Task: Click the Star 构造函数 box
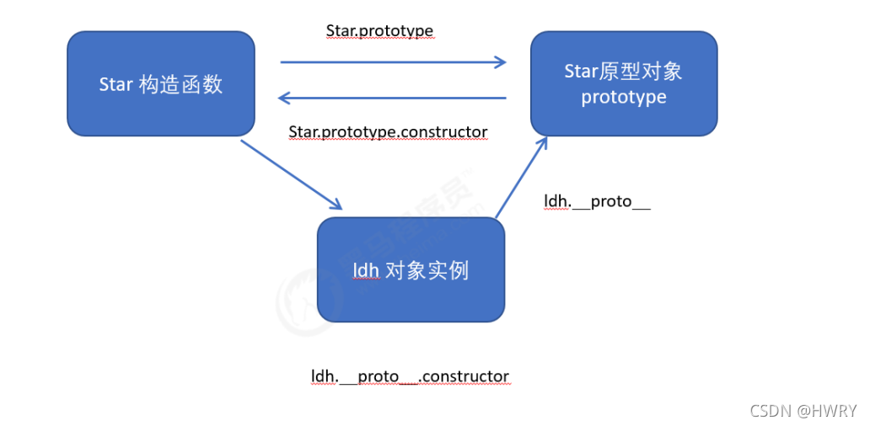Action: [x=160, y=83]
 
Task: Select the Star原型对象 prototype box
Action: [x=624, y=83]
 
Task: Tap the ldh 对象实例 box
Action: [x=411, y=269]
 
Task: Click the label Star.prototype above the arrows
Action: [x=379, y=31]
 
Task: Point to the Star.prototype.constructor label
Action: [x=388, y=132]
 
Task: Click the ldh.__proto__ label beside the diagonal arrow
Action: [x=598, y=201]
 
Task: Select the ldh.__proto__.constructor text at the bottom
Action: [x=410, y=375]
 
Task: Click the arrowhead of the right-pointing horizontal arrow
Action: [x=501, y=61]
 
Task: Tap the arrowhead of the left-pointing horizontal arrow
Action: [x=285, y=98]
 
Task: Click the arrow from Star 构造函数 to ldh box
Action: [x=291, y=174]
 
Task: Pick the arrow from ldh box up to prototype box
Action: [x=521, y=178]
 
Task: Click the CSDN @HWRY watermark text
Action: [x=803, y=410]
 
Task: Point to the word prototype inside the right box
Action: [x=624, y=98]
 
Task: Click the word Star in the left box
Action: [x=116, y=84]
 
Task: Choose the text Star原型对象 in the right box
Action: [x=624, y=71]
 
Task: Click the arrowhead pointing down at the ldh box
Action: [x=336, y=205]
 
